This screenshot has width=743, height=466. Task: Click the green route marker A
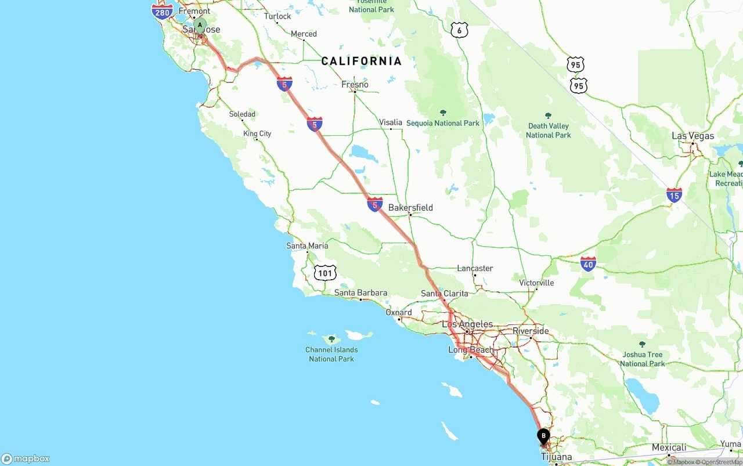pyautogui.click(x=200, y=26)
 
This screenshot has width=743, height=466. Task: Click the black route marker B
pyautogui.click(x=543, y=436)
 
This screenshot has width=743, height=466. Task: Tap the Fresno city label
pyautogui.click(x=355, y=85)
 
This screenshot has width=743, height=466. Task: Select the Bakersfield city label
pyautogui.click(x=410, y=208)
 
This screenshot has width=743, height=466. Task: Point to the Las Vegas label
pyautogui.click(x=692, y=136)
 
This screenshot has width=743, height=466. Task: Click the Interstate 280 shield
pyautogui.click(x=163, y=12)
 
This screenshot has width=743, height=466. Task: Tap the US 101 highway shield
pyautogui.click(x=325, y=272)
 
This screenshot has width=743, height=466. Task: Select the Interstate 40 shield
pyautogui.click(x=588, y=264)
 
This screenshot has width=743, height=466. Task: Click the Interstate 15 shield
pyautogui.click(x=674, y=195)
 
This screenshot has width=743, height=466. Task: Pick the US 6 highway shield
pyautogui.click(x=459, y=30)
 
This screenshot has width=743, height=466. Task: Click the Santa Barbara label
pyautogui.click(x=360, y=293)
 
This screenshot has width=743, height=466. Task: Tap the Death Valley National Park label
pyautogui.click(x=548, y=131)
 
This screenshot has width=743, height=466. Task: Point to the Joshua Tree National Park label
pyautogui.click(x=642, y=359)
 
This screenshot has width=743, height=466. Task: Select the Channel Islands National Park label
pyautogui.click(x=331, y=354)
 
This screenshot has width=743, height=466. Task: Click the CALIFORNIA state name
pyautogui.click(x=361, y=61)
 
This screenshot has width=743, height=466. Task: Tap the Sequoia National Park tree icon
pyautogui.click(x=443, y=113)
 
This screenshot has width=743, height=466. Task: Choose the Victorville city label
pyautogui.click(x=536, y=283)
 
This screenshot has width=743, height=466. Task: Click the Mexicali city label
pyautogui.click(x=669, y=447)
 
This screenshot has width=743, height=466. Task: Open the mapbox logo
pyautogui.click(x=26, y=458)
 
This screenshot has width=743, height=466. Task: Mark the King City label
pyautogui.click(x=257, y=133)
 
